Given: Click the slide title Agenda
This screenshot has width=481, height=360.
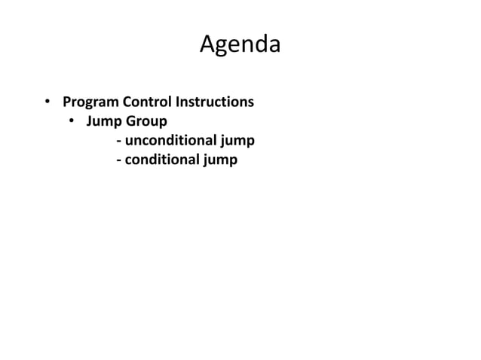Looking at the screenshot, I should pyautogui.click(x=240, y=45).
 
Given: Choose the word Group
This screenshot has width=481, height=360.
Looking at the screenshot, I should pyautogui.click(x=146, y=121).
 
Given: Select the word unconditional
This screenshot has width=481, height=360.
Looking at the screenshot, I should pyautogui.click(x=170, y=141).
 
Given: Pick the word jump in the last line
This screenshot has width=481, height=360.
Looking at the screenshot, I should pyautogui.click(x=219, y=160).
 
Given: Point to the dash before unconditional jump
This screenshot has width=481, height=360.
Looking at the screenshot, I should pyautogui.click(x=119, y=142).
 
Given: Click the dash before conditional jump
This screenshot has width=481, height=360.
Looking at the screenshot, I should pyautogui.click(x=119, y=160).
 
